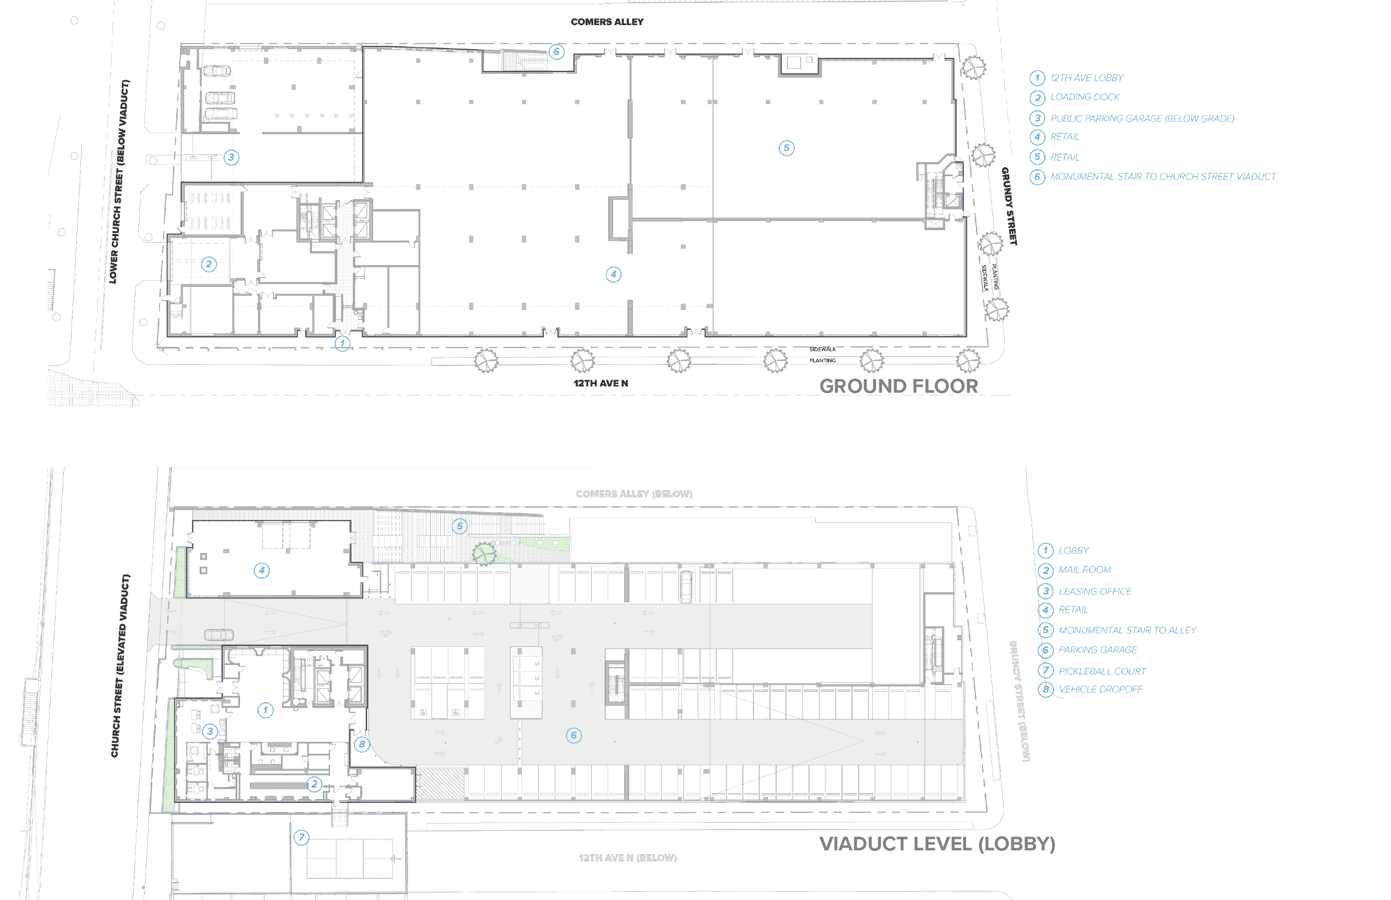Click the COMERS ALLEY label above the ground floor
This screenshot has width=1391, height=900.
point(607,22)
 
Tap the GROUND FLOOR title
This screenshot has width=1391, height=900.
point(898,386)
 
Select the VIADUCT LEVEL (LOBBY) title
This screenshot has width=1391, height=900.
point(937,844)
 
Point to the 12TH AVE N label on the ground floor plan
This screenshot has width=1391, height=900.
point(600,383)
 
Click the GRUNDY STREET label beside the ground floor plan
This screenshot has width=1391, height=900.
point(1009,206)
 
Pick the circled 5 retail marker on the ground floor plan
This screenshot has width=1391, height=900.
point(786,148)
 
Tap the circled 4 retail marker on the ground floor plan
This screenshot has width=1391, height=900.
point(613,274)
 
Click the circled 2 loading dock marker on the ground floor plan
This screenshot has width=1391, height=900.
point(208,264)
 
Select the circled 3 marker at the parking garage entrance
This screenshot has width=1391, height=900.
point(231,157)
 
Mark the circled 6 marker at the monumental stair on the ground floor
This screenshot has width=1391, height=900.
point(556,51)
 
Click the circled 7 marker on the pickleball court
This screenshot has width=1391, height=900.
point(301,837)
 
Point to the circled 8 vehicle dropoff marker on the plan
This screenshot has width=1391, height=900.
point(362,744)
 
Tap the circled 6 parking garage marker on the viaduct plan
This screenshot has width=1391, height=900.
point(573,735)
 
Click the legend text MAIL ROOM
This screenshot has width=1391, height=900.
point(1084,570)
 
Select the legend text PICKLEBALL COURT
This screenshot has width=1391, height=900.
point(1102,671)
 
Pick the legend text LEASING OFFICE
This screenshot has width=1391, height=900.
point(1095,591)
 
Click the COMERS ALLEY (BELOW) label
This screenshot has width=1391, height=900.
point(633,494)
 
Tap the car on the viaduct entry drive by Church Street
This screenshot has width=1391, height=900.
point(219,635)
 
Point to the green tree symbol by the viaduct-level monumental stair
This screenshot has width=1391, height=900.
point(483,553)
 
